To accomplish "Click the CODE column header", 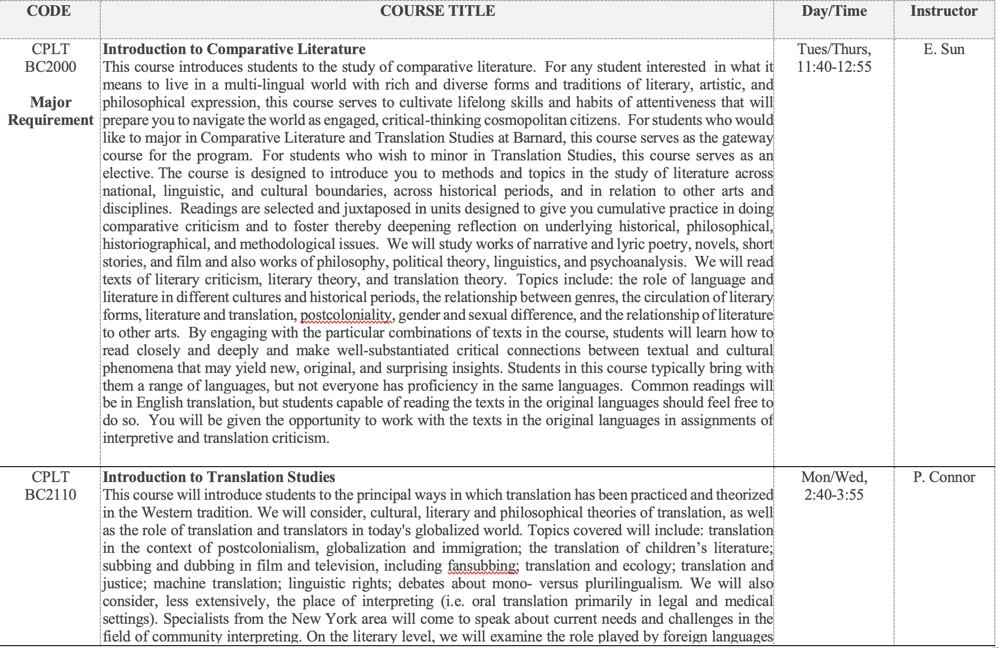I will [x=49, y=11].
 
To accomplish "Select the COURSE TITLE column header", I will [x=437, y=11].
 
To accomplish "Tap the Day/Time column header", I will [x=834, y=11].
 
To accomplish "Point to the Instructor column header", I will [x=943, y=11].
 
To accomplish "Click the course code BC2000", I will [x=50, y=67].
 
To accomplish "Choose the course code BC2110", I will [x=50, y=495].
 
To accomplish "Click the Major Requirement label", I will [x=50, y=111].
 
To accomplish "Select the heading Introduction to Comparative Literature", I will [x=234, y=49].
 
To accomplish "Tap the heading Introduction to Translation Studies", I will [x=219, y=477].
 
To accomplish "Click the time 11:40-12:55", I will [x=834, y=67].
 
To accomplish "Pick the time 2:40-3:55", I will [x=834, y=495].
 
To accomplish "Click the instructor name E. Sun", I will [x=943, y=49].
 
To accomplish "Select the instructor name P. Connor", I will [x=943, y=477].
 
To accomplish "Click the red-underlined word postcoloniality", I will [x=346, y=316].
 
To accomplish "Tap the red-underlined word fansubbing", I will [x=482, y=566].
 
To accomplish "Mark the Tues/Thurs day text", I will [x=834, y=49].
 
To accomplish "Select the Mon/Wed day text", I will [x=834, y=477].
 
